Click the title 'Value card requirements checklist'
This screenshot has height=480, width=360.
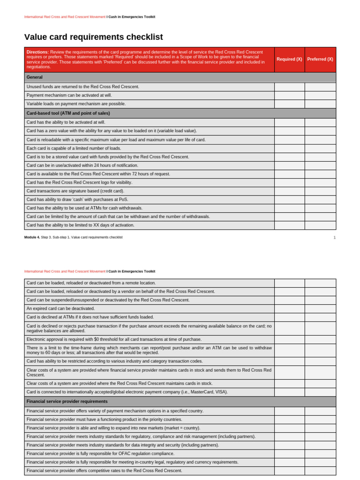point(93,37)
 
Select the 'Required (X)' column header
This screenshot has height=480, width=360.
point(289,59)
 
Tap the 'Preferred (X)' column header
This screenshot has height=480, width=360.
point(320,59)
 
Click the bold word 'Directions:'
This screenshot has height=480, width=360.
point(37,52)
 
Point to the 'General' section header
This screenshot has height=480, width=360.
point(35,77)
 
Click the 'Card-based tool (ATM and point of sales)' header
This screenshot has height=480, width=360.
point(68,113)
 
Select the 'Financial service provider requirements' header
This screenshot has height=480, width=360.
point(67,401)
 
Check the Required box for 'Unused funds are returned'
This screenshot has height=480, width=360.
point(289,87)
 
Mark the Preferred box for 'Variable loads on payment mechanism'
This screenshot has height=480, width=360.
point(320,104)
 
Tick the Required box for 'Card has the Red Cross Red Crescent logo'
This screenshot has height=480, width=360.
point(289,182)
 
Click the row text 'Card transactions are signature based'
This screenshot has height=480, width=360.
point(75,191)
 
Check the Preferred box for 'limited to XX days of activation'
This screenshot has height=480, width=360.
point(320,225)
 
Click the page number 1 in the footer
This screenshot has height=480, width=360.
point(334,238)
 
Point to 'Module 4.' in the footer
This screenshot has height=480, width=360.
point(32,237)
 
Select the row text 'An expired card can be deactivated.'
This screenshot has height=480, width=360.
point(60,308)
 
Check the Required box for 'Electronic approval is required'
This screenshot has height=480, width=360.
point(289,339)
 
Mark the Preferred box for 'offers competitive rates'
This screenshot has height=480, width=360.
point(320,471)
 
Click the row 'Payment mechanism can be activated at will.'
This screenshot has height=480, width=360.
point(69,95)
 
